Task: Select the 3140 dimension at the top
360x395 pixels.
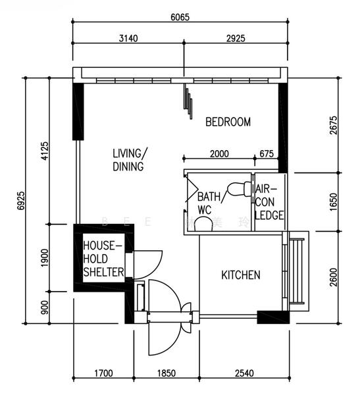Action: click(128, 38)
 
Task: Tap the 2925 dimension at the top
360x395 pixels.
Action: click(234, 38)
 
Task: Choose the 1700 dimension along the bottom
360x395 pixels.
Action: click(103, 373)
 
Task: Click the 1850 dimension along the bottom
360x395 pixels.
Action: click(165, 373)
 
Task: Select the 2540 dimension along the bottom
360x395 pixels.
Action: click(244, 373)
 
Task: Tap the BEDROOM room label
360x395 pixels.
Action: click(228, 122)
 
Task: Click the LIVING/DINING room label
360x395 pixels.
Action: click(129, 160)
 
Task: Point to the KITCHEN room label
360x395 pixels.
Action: click(240, 275)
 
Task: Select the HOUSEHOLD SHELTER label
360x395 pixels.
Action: click(103, 259)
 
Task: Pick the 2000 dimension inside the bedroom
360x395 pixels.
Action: click(219, 154)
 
